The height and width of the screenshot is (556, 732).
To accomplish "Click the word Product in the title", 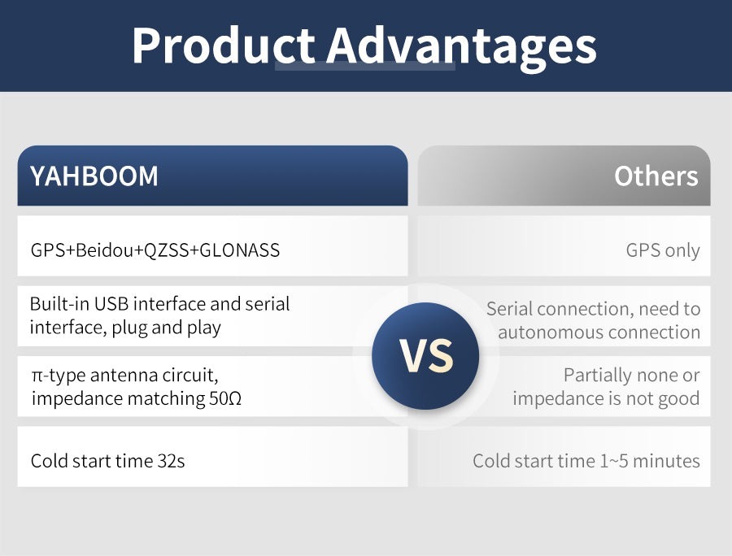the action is pos(224,46).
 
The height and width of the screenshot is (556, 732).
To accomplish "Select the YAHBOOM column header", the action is pos(212,176).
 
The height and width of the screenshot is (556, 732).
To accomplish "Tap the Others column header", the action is pos(564,176).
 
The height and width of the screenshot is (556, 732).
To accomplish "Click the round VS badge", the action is pos(425,356).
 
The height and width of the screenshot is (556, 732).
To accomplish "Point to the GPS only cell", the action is pos(662,250).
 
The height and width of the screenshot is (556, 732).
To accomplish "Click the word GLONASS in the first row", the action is pos(239,250).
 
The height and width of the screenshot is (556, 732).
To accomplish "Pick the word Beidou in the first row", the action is pos(105,250).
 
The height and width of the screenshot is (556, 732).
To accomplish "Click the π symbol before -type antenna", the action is pos(37,376).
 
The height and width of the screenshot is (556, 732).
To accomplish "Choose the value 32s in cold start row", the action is pos(172,462).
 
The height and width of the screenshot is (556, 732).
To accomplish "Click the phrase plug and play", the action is pos(166,328).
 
